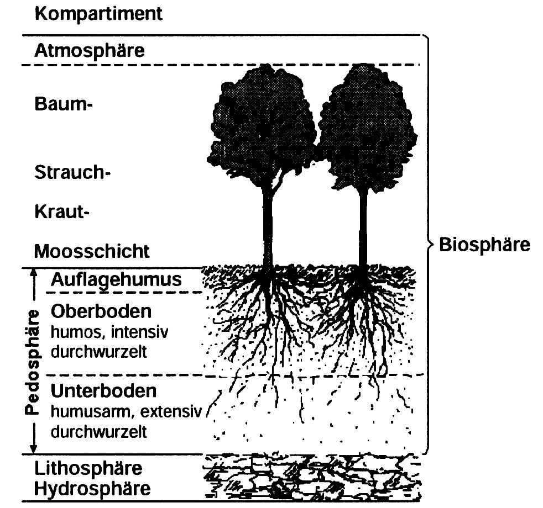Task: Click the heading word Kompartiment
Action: pos(98,14)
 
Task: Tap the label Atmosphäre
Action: pos(90,51)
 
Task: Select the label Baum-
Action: pos(64,104)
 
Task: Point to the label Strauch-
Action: pos(72,172)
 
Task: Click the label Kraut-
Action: pos(61,211)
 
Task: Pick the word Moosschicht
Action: pos(92,251)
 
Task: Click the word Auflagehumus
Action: pos(116,279)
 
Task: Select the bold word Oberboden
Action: pos(101,311)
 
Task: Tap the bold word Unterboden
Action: pos(103,391)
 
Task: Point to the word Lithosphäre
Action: pos(88,469)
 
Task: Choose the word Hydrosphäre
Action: pos(92,489)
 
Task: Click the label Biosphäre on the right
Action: pos(484,245)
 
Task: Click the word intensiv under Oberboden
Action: pos(139,332)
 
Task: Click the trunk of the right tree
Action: pos(363,228)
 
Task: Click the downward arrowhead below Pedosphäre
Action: pos(34,448)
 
